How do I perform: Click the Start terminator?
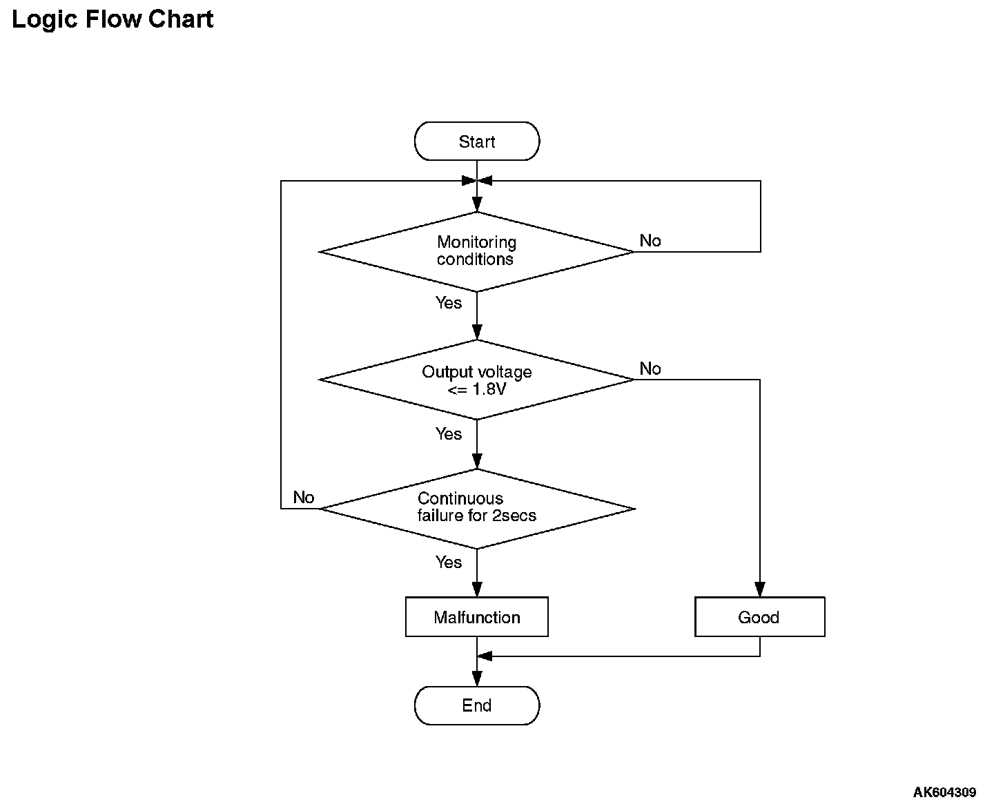(477, 141)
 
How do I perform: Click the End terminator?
(477, 705)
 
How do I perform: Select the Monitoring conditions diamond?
(477, 252)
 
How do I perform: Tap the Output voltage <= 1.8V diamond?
(477, 380)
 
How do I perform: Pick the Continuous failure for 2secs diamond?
(477, 509)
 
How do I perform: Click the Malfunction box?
(477, 617)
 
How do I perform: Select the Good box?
(760, 617)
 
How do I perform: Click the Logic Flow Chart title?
(113, 20)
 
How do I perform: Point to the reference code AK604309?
(944, 792)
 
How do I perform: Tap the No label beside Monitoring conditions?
(650, 241)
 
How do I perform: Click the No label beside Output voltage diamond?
(650, 369)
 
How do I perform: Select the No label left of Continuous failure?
(304, 498)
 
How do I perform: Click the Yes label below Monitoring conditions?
(449, 303)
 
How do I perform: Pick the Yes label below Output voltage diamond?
(449, 434)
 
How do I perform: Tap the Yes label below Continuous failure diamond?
(449, 563)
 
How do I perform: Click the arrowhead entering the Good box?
(760, 589)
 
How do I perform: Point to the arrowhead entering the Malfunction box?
(477, 589)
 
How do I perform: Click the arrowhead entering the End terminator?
(477, 679)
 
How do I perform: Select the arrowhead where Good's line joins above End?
(485, 656)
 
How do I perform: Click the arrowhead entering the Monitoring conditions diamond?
(477, 205)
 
